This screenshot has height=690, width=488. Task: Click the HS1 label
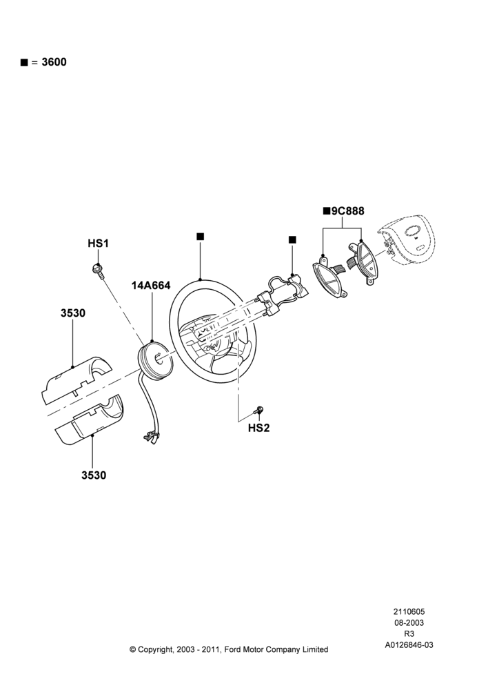98,244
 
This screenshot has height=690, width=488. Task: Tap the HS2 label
258,428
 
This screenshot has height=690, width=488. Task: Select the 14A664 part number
151,286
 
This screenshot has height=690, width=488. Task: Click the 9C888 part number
348,211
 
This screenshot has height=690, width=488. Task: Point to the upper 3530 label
73,313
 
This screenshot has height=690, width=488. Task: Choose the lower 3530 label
94,475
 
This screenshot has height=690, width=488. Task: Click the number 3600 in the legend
54,62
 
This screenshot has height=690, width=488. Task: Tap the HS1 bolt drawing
98,270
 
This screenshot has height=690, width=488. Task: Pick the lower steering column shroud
89,421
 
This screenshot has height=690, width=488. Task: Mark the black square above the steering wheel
200,237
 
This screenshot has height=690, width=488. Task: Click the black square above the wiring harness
292,240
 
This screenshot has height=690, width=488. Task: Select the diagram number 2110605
409,611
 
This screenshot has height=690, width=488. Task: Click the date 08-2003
409,622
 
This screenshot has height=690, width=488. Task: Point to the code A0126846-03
409,645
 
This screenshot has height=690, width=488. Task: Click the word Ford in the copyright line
233,649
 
